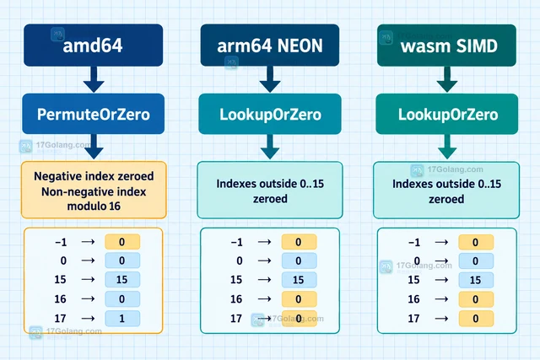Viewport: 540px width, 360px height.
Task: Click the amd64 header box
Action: click(94, 45)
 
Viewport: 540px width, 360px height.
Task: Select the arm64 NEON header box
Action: click(270, 45)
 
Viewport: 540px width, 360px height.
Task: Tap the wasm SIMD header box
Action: click(446, 45)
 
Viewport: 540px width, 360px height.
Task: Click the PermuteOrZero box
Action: click(94, 114)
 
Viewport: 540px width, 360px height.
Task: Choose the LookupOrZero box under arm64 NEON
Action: click(270, 114)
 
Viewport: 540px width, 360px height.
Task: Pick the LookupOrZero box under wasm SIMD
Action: click(447, 114)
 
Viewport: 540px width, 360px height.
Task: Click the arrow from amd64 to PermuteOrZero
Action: click(94, 79)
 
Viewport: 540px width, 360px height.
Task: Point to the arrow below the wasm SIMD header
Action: click(447, 79)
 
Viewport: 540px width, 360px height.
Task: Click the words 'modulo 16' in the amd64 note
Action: click(94, 207)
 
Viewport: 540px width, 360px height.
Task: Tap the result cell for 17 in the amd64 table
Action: click(122, 319)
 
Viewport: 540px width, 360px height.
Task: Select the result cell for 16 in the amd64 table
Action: click(122, 298)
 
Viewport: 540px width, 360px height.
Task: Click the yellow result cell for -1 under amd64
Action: click(122, 242)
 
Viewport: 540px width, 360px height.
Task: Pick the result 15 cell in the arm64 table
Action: click(299, 280)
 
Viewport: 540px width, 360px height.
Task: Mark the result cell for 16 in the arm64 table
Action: click(299, 298)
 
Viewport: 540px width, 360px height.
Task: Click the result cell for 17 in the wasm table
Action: click(476, 319)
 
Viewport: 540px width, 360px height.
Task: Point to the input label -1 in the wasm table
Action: click(414, 242)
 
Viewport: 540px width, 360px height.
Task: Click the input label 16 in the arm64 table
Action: click(236, 299)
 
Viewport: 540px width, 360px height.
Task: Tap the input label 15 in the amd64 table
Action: click(60, 279)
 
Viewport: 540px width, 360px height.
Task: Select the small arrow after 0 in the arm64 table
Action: click(264, 261)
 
